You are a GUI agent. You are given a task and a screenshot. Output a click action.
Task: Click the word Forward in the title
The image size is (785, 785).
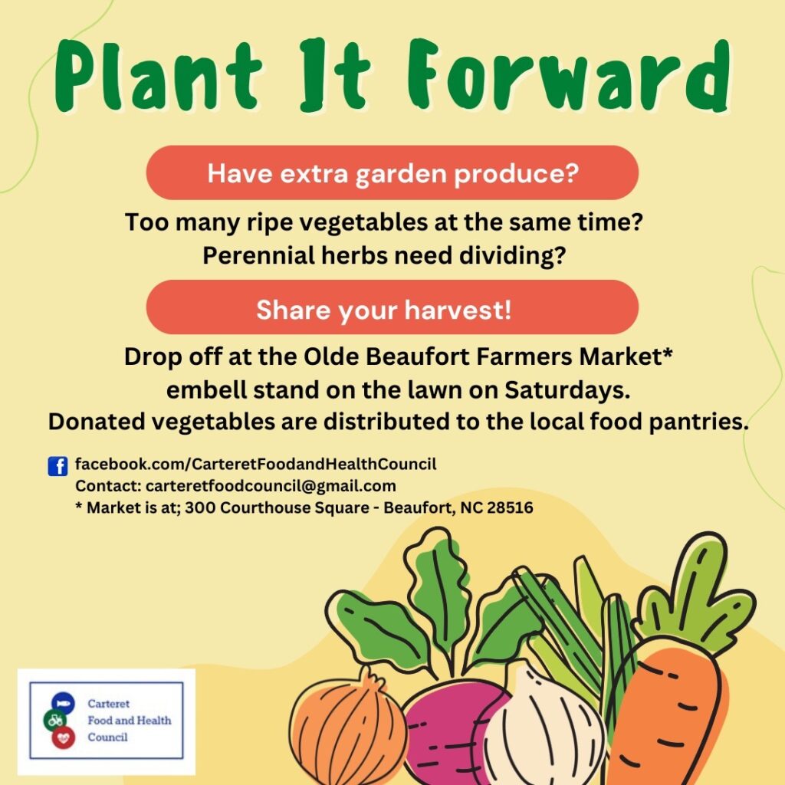click(568, 75)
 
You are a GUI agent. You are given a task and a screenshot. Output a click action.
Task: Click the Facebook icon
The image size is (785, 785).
click(57, 466)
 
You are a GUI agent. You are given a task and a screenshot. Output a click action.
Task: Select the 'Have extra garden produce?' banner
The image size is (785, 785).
click(392, 172)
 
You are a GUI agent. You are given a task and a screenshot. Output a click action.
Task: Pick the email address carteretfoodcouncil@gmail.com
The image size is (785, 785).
click(271, 486)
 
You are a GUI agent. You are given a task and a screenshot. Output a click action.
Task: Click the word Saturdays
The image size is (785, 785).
click(567, 390)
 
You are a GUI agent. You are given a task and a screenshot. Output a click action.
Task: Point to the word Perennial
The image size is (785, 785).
click(258, 255)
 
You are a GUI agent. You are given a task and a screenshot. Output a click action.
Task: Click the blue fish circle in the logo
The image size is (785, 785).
click(63, 703)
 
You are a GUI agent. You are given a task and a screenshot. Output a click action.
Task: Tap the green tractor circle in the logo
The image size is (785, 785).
click(55, 720)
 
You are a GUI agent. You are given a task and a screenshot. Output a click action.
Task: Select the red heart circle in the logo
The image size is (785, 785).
click(63, 737)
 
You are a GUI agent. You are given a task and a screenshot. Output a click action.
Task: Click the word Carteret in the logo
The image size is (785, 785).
click(109, 704)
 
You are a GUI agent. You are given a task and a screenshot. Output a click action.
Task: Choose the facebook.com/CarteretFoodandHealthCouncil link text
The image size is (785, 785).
click(256, 464)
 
